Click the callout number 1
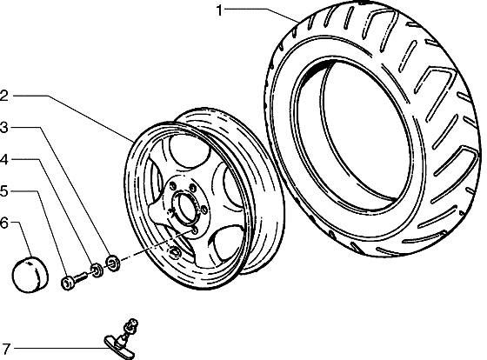219,10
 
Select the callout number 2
3,96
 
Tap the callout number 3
3,127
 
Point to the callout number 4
3,160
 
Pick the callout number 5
3,190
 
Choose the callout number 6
3,223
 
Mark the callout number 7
6,349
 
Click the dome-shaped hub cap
30,275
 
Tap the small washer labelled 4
97,270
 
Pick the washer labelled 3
113,263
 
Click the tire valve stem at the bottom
122,338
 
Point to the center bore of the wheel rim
186,207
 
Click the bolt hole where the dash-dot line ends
195,230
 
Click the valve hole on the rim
175,252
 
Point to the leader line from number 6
24,240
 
